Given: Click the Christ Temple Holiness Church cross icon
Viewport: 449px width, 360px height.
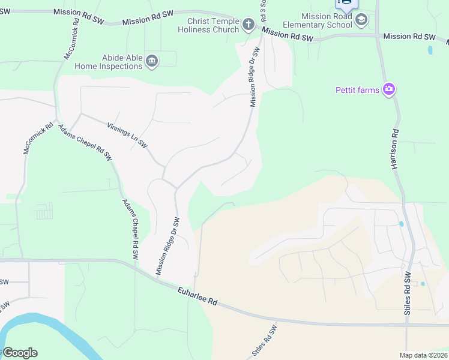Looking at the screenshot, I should tap(249, 25).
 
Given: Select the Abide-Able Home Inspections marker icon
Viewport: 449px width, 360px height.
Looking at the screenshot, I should tap(152, 61).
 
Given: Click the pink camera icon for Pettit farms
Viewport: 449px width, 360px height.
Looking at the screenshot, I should tap(389, 90).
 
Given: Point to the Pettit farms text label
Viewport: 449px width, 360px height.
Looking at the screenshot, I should tap(357, 91).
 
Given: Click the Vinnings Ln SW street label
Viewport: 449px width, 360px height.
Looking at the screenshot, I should tap(127, 136).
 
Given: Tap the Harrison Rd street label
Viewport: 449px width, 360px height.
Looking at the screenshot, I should tap(395, 148).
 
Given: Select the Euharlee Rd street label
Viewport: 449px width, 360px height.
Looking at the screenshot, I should tap(197, 296).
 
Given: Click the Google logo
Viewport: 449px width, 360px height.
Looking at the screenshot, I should tap(20, 353).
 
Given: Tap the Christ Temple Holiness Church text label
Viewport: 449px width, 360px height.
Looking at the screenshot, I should tap(209, 25).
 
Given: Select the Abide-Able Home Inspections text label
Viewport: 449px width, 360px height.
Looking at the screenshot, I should tap(108, 62).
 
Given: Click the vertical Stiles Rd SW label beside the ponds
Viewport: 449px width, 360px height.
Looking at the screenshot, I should tap(408, 293).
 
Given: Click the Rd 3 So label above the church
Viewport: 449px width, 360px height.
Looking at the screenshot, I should tap(263, 11).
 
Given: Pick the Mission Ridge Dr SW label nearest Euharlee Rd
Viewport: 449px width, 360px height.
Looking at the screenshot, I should tap(168, 246).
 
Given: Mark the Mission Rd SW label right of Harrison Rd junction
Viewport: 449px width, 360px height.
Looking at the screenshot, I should tap(409, 37).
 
